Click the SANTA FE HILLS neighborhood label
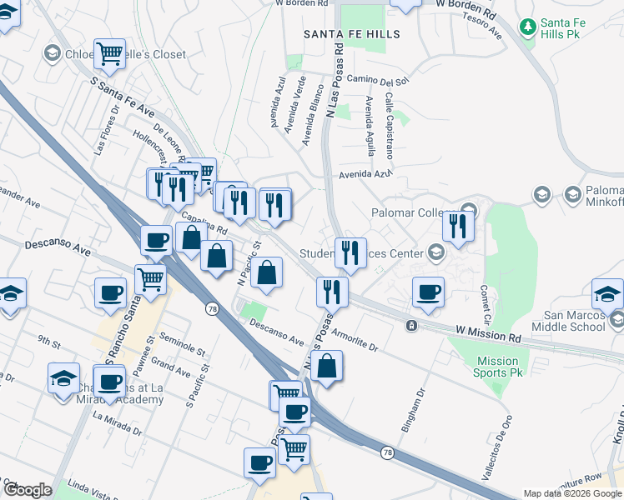[x=351, y=34]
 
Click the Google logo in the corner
[x=27, y=490]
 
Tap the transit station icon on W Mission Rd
[x=410, y=325]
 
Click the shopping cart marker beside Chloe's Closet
[x=110, y=54]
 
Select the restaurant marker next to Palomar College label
[x=458, y=226]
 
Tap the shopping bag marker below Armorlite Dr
[x=327, y=366]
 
